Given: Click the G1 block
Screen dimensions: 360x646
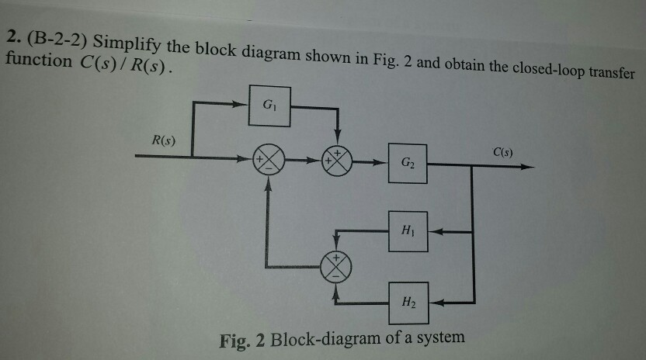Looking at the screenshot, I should [x=268, y=107].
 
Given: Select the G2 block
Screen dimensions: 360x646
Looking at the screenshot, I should [x=407, y=163].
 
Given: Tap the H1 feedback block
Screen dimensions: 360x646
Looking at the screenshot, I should [x=407, y=230].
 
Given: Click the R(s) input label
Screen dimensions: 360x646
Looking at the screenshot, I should [x=162, y=141].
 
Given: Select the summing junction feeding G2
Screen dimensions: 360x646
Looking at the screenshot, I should [x=338, y=162].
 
